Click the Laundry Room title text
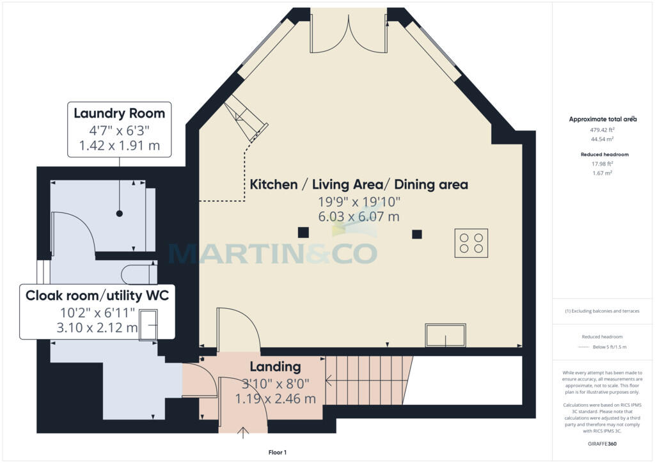point(119,113)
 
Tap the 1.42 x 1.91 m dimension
point(120,146)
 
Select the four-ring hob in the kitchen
point(471,243)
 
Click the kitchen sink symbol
point(445,335)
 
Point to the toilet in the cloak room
point(139,274)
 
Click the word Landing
point(275,366)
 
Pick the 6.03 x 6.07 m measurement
point(359,217)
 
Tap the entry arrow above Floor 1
point(243,432)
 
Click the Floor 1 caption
point(278,452)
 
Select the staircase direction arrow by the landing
point(337,381)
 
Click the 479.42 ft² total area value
point(603,130)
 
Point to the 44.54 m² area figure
point(603,139)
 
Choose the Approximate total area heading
point(603,119)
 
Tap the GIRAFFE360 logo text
point(602,444)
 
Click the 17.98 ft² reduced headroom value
point(602,164)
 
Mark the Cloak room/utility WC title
point(97,295)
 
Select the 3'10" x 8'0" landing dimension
point(276,383)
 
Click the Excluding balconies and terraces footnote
point(603,311)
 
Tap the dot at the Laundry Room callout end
point(120,214)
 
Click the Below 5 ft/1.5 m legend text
point(610,347)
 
